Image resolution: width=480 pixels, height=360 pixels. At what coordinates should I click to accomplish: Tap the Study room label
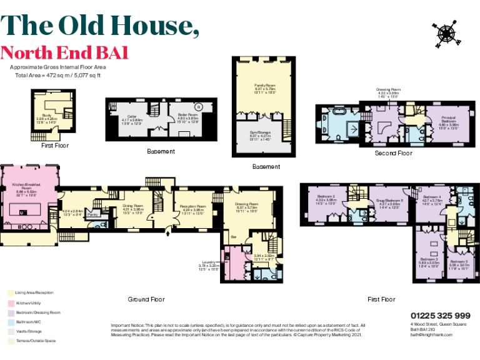(47, 116)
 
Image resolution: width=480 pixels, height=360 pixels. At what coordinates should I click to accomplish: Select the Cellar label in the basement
(131, 116)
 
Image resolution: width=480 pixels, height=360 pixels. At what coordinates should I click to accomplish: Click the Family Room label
(264, 84)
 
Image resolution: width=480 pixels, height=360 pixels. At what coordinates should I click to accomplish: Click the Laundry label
(209, 262)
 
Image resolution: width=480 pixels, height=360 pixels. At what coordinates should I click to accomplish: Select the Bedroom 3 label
(428, 259)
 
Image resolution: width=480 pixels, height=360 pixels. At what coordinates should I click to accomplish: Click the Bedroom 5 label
(459, 261)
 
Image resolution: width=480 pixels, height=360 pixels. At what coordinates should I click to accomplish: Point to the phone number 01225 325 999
(440, 316)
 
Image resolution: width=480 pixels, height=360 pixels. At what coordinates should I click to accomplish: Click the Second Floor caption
(393, 153)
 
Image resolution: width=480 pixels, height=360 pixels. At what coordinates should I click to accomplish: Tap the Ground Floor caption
(147, 299)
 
